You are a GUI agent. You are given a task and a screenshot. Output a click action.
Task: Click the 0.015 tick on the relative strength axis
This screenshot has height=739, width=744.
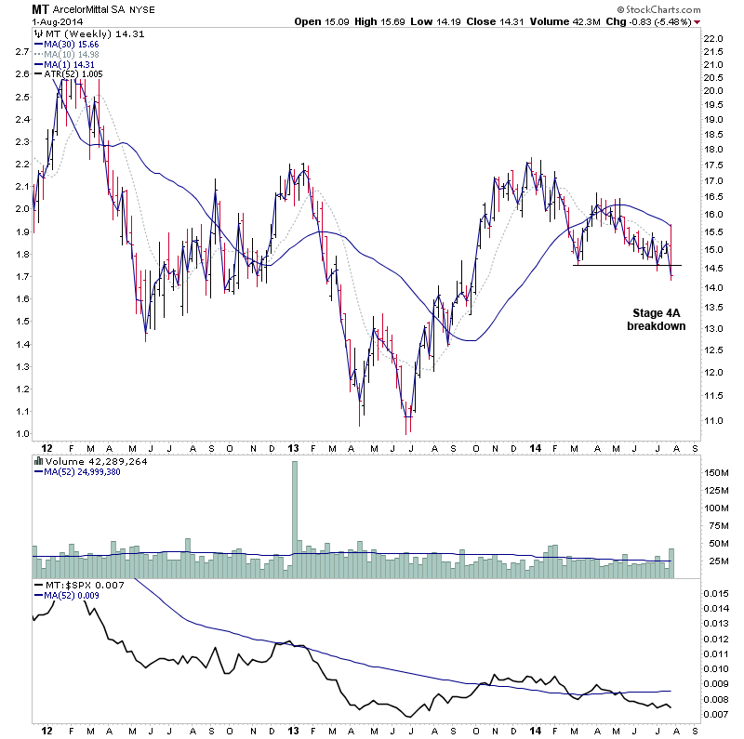click(x=717, y=593)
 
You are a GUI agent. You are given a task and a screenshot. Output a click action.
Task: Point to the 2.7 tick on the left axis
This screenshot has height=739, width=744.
click(x=20, y=52)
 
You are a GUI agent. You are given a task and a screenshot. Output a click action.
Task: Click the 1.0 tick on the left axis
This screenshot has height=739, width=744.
click(x=20, y=434)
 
